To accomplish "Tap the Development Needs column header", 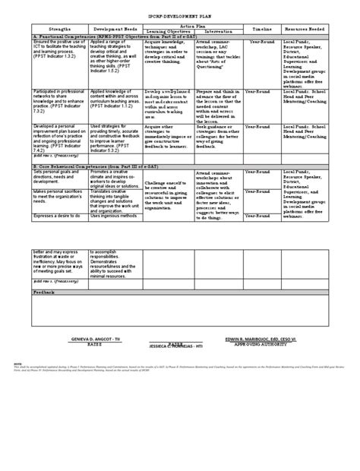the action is pyautogui.click(x=114, y=30).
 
